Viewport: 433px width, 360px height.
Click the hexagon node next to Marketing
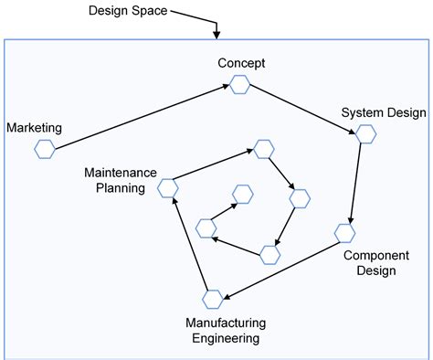(44, 150)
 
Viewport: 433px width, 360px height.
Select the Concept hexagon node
(239, 85)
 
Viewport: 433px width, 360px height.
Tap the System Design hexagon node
(365, 134)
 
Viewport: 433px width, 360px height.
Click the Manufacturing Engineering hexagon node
(213, 299)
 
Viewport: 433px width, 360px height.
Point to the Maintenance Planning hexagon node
(167, 188)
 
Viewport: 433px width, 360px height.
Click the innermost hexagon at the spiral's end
(242, 193)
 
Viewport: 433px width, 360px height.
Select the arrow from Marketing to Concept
(142, 117)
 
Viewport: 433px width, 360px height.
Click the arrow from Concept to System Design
(302, 110)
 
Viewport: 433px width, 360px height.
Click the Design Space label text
(128, 11)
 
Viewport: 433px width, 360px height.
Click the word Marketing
(33, 127)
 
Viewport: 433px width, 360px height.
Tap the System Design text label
(384, 113)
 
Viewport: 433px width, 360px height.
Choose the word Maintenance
(121, 172)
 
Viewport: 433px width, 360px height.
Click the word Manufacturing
(226, 323)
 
